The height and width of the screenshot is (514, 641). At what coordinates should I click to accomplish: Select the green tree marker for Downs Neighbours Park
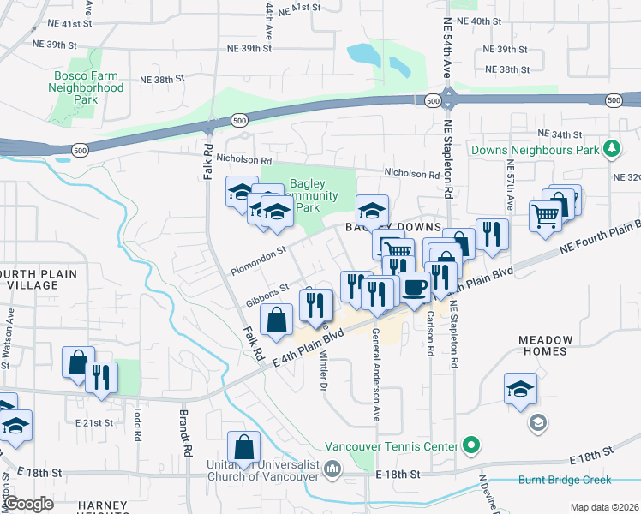[611, 150]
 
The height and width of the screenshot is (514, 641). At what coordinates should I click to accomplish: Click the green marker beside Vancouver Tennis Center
[470, 445]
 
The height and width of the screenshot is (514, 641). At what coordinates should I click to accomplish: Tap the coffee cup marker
[416, 287]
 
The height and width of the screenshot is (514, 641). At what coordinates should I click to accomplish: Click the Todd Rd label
[136, 422]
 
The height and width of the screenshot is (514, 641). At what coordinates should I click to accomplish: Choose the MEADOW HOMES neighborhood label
[543, 345]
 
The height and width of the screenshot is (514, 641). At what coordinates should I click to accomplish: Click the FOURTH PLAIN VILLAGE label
[38, 280]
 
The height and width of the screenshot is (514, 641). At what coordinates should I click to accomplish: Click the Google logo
[28, 504]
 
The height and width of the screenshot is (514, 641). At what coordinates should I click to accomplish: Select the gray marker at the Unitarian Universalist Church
[333, 469]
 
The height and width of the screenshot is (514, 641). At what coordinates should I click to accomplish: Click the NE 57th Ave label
[510, 181]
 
